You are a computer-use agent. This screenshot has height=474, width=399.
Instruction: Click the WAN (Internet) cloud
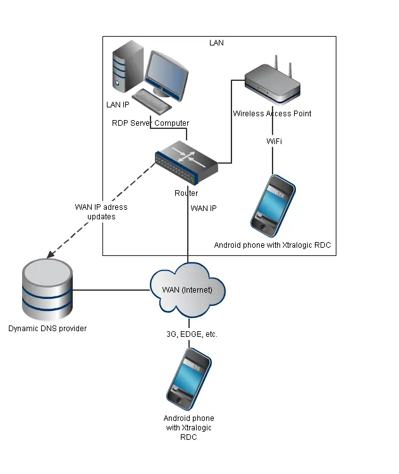(188, 290)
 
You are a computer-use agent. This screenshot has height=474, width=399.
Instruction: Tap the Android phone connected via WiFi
(273, 205)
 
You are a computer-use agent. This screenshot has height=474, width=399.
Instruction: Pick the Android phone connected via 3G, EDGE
(189, 379)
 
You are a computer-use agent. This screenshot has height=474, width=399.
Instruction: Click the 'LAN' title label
(216, 43)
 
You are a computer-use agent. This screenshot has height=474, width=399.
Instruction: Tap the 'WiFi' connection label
(274, 141)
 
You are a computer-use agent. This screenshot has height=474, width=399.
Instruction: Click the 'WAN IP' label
(204, 208)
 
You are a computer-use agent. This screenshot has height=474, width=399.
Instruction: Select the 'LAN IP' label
(118, 104)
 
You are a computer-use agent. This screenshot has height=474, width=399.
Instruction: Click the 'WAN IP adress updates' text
(96, 212)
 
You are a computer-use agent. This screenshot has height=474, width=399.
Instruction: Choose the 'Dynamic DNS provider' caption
(47, 329)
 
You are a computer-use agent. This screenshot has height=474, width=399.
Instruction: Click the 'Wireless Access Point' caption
(272, 114)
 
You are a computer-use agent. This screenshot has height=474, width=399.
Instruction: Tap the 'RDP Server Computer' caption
(150, 123)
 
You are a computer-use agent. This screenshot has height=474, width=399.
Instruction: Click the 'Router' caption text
(186, 193)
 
